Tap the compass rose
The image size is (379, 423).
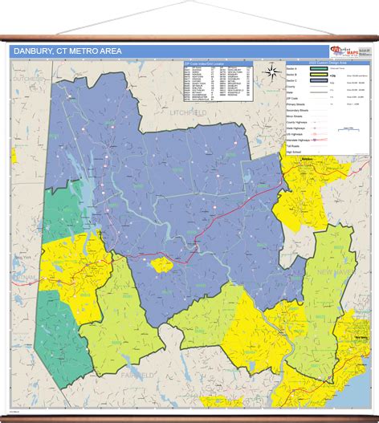(271, 71)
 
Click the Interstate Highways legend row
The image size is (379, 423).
(297, 139)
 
